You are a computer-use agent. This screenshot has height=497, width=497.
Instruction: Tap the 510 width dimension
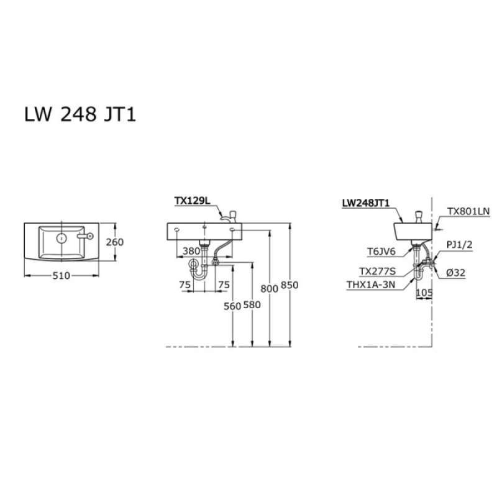click(61, 276)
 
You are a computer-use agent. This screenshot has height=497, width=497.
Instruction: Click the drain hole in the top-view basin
click(62, 237)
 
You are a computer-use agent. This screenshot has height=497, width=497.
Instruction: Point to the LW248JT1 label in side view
click(366, 203)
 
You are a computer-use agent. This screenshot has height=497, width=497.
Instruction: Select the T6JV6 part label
click(379, 252)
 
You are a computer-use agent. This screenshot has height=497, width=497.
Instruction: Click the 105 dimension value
click(425, 291)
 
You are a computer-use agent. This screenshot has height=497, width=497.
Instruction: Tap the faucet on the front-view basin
click(230, 216)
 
